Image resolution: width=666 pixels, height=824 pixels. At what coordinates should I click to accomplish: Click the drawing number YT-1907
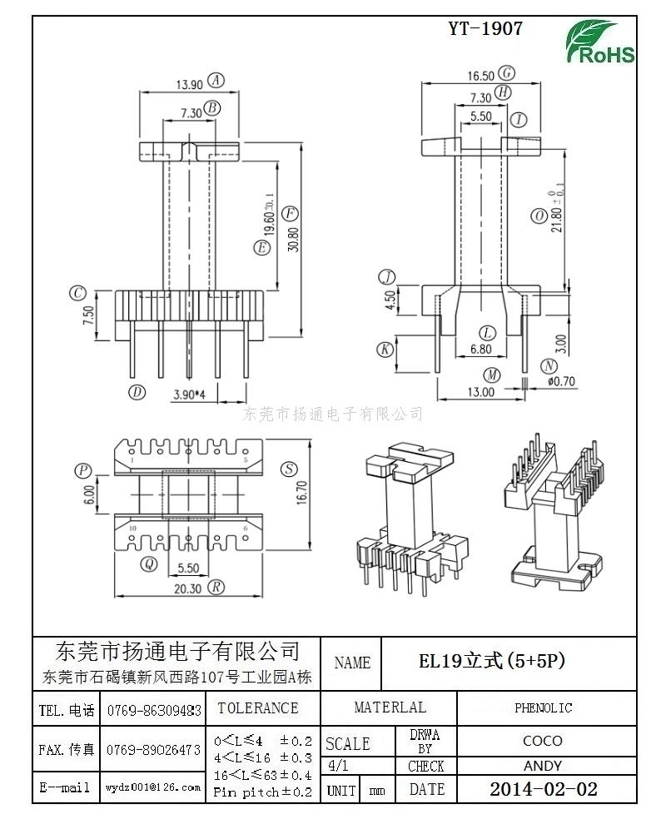[x=485, y=28]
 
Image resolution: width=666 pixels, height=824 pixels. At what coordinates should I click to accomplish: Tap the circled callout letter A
[x=216, y=81]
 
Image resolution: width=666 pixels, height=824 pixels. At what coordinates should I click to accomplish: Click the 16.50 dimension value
[x=481, y=76]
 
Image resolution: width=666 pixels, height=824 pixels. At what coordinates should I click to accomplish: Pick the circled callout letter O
[x=539, y=216]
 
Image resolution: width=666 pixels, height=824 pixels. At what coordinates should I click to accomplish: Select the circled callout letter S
[x=289, y=469]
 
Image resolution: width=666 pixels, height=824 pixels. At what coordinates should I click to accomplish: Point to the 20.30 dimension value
[x=188, y=588]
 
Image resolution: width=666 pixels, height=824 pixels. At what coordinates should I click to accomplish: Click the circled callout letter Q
[x=149, y=564]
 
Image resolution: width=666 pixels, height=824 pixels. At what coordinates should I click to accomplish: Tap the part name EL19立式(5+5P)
[x=491, y=662]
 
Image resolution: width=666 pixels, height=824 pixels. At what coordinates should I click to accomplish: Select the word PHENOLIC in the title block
[x=543, y=708]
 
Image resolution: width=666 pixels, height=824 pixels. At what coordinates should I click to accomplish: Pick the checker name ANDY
[x=543, y=766]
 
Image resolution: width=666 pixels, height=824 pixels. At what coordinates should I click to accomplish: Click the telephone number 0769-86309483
[x=154, y=711]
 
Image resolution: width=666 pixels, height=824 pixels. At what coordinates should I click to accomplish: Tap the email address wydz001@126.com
[x=153, y=787]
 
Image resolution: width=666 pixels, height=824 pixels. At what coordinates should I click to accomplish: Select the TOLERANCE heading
[x=257, y=708]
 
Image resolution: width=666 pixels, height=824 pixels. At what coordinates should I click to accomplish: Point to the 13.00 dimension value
[x=480, y=391]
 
